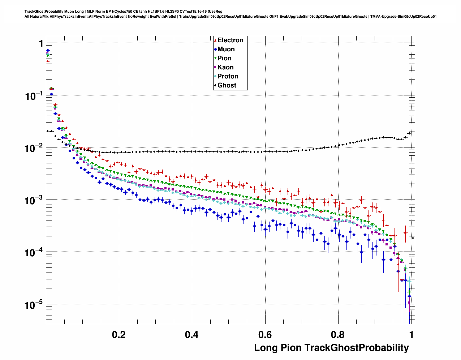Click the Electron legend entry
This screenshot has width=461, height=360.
tap(230, 40)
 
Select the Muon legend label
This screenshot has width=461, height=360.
tap(226, 49)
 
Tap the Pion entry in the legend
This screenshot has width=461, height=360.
tap(224, 58)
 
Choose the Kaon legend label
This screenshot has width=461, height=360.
tap(225, 67)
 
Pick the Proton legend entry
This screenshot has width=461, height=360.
tap(228, 76)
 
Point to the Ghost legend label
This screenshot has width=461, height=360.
tap(227, 85)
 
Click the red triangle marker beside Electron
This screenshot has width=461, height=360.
tap(215, 40)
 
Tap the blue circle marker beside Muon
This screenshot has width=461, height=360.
tap(215, 50)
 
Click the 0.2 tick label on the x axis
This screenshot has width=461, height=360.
tap(119, 335)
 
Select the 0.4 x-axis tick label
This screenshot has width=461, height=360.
tap(192, 335)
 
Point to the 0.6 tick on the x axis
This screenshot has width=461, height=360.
tap(265, 335)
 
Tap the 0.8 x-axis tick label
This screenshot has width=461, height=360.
tap(338, 335)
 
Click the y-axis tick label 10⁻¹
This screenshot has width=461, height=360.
tap(34, 96)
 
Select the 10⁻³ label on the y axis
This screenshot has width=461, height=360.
tap(34, 201)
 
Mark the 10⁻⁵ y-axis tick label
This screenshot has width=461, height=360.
tap(34, 305)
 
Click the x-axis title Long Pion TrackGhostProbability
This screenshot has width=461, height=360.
tap(331, 348)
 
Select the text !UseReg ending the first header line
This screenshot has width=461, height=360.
tap(215, 12)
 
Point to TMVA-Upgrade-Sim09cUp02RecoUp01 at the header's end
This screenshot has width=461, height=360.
tap(403, 17)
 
